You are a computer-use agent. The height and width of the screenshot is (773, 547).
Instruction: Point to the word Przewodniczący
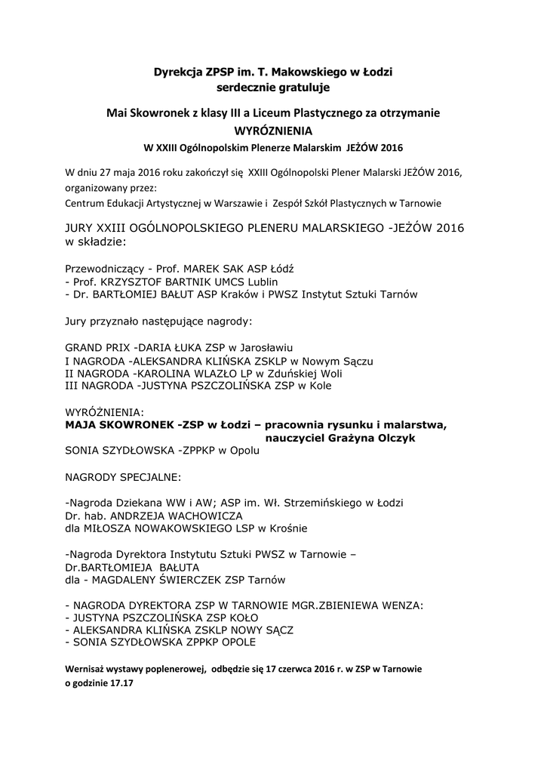pyautogui.click(x=105, y=269)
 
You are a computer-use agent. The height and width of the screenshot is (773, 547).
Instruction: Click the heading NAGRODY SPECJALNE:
pyautogui.click(x=123, y=477)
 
